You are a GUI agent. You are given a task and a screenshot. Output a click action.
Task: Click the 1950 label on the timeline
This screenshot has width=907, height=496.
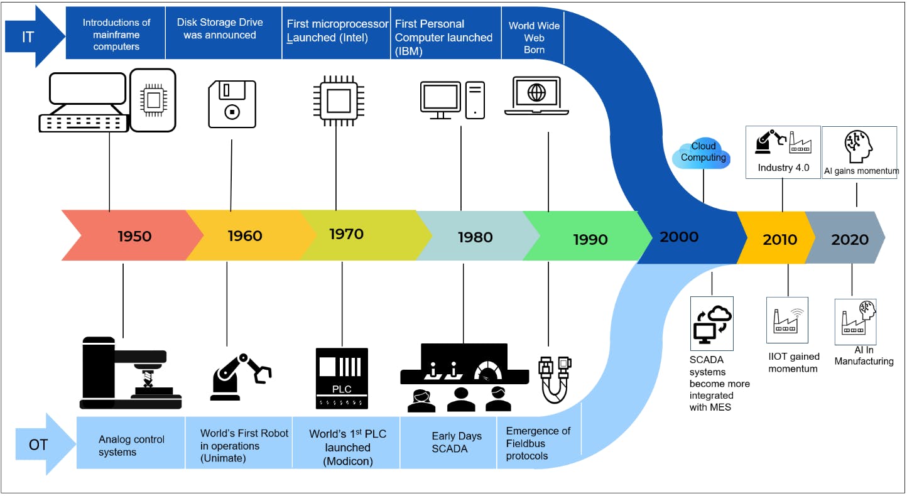[x=134, y=236]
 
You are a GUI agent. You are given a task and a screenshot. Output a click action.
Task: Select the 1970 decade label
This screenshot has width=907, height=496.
[x=346, y=234]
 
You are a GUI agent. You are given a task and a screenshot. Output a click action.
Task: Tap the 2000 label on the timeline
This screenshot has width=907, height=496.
[x=679, y=237]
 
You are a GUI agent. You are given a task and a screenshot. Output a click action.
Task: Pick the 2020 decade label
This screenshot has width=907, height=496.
[x=850, y=239]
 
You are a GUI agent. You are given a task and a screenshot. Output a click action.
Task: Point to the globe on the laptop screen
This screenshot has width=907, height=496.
[x=536, y=93]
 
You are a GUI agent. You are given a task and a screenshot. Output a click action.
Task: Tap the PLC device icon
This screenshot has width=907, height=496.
[x=342, y=378]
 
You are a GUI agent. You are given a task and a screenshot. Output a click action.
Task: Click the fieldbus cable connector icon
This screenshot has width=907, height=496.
[x=555, y=379]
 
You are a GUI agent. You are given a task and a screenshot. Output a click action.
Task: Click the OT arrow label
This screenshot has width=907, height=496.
[x=38, y=445]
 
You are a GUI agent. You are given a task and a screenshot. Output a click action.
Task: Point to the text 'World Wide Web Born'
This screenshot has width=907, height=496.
[x=534, y=38]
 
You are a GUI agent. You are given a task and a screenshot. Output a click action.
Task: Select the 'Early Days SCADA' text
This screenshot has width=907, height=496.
[x=456, y=442]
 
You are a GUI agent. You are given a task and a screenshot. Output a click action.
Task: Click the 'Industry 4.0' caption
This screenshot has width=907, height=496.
[x=783, y=168]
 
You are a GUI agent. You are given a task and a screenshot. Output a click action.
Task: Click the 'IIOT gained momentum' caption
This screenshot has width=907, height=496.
[x=794, y=362]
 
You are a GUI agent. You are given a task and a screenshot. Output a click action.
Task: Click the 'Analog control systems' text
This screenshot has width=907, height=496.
[x=131, y=445]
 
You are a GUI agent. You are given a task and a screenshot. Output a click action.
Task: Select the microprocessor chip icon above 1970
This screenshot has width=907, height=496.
[x=336, y=99]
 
